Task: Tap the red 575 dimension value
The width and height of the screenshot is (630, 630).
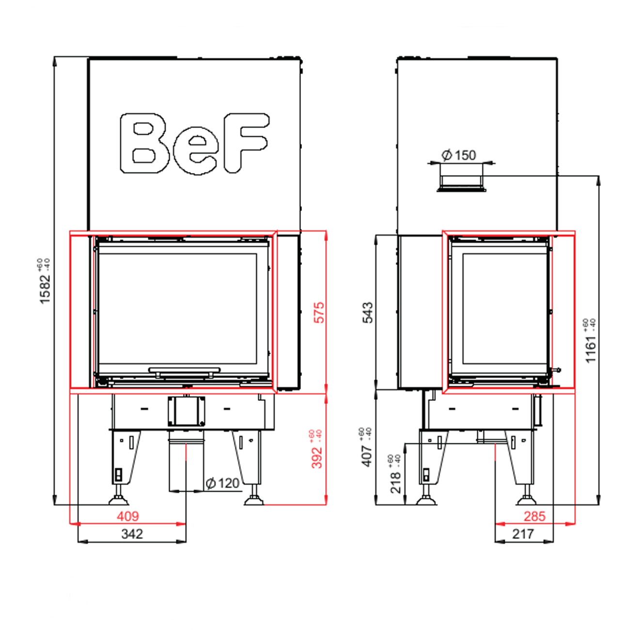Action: tap(318, 312)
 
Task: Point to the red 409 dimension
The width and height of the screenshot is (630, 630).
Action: tap(127, 517)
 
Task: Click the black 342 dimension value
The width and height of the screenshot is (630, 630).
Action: tap(132, 534)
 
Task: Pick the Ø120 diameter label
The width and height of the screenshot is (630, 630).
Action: tap(222, 483)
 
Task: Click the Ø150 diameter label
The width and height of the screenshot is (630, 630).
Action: tap(459, 155)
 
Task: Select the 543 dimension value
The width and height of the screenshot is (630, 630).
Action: tap(368, 313)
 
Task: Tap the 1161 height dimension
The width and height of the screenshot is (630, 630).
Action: tap(590, 342)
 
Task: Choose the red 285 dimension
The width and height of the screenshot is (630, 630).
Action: tap(535, 517)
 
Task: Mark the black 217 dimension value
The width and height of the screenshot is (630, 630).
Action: tap(523, 534)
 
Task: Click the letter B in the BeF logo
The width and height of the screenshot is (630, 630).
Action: tap(144, 143)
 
